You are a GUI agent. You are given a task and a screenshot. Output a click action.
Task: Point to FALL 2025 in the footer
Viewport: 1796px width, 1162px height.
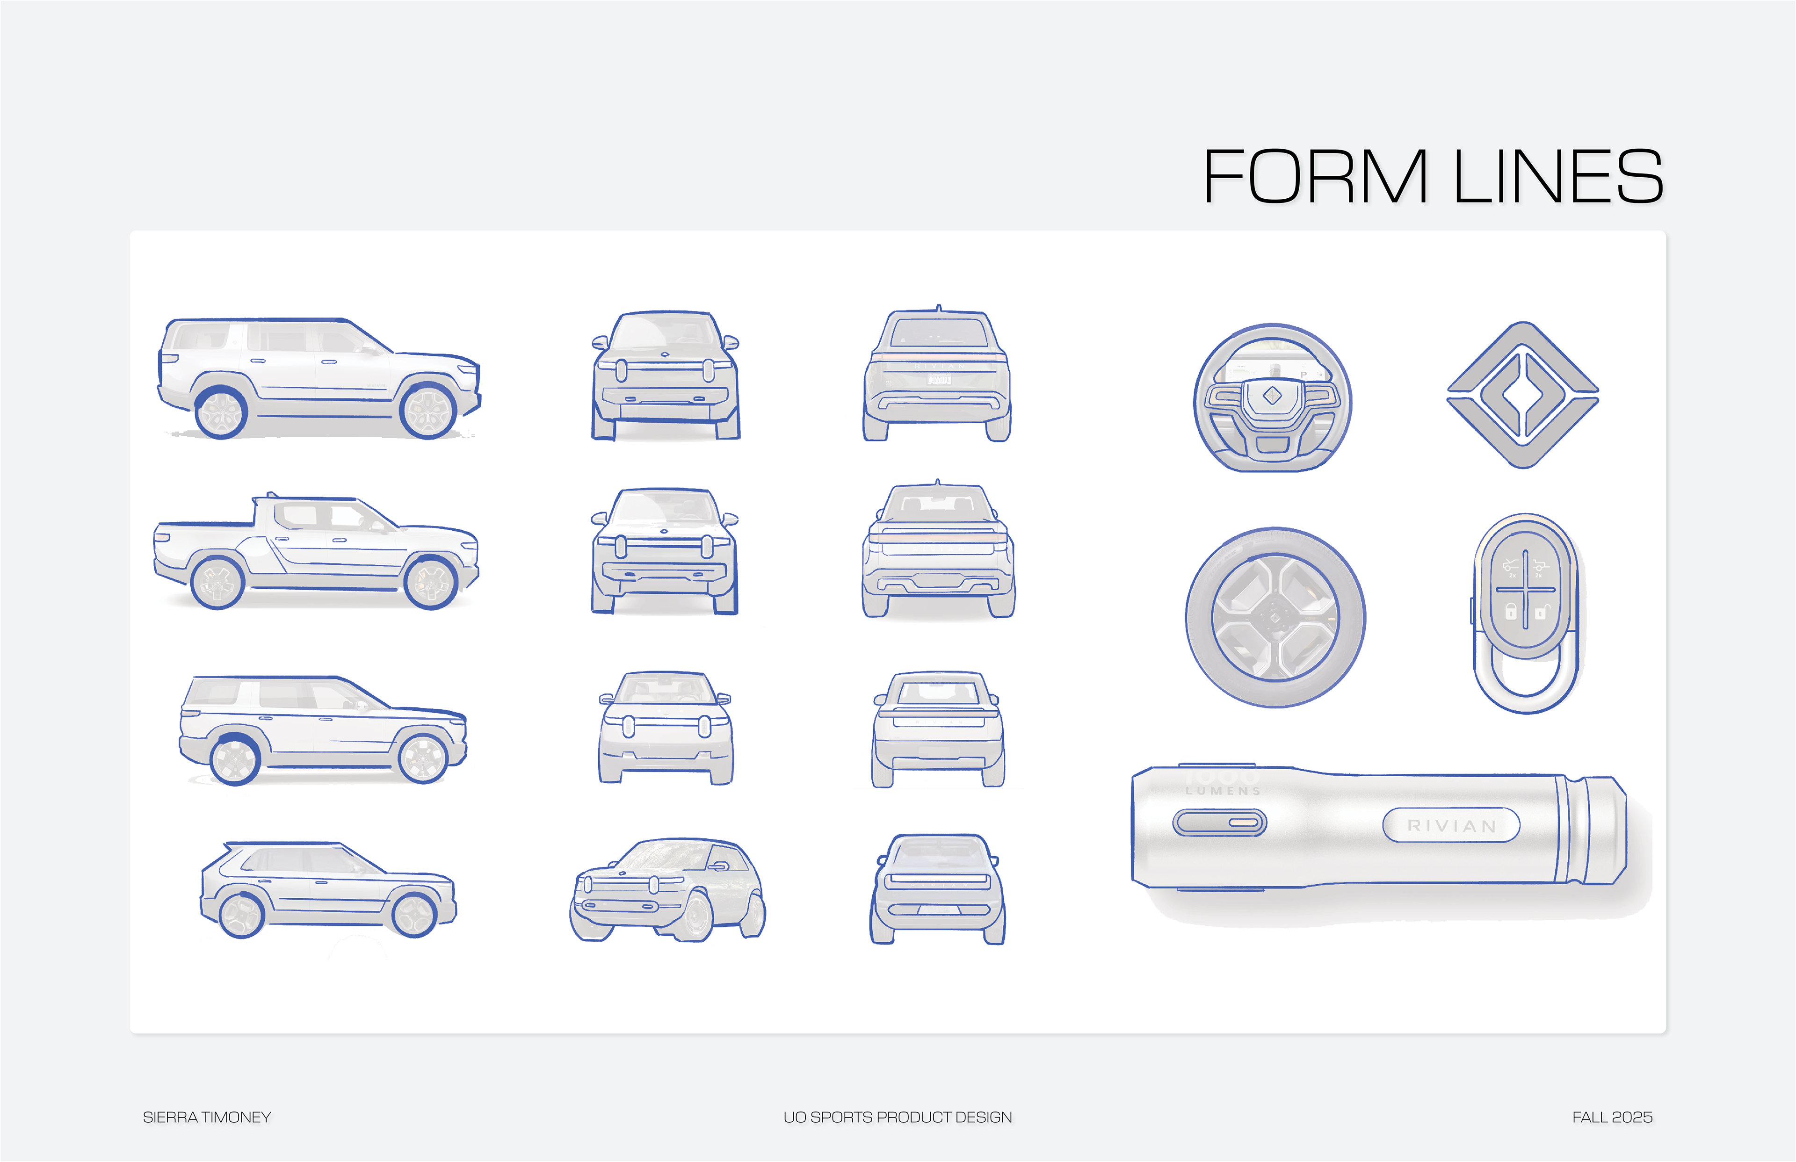(1612, 1117)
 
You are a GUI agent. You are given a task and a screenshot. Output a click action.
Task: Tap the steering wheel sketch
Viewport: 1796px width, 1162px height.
(1272, 397)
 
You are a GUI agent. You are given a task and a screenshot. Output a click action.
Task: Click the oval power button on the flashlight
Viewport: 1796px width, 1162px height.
(1219, 822)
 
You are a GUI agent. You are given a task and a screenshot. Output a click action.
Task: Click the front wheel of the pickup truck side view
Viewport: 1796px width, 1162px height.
(430, 583)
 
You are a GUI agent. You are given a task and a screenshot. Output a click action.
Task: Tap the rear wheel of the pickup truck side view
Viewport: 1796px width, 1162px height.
(217, 583)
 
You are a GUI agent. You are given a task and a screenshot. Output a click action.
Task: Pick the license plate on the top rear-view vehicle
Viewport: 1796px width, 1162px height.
(938, 380)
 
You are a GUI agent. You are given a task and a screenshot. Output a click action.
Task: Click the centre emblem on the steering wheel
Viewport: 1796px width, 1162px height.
(1272, 395)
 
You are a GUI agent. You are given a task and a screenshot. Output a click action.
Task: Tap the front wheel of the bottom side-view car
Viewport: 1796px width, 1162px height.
(413, 915)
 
